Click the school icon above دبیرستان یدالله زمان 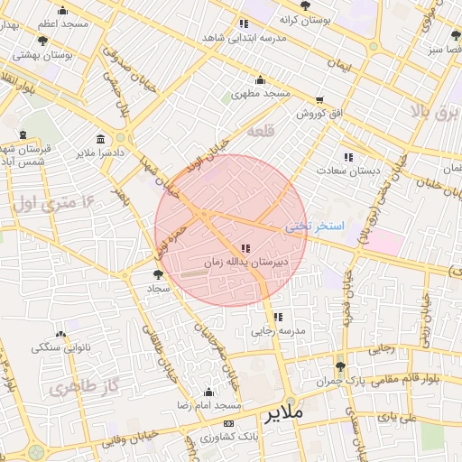pos(245,248)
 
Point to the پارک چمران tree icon pos(339,366)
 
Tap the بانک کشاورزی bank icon pos(228,423)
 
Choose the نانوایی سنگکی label pos(60,347)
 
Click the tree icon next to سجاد pos(159,273)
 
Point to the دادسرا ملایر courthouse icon pos(99,140)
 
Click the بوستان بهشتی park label pos(43,55)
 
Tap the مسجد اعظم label pos(61,23)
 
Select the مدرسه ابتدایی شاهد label pos(244,38)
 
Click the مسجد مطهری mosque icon pos(260,79)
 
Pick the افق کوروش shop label pos(319,114)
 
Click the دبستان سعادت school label pos(348,171)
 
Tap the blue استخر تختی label pos(315,226)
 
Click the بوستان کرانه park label pos(305,19)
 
